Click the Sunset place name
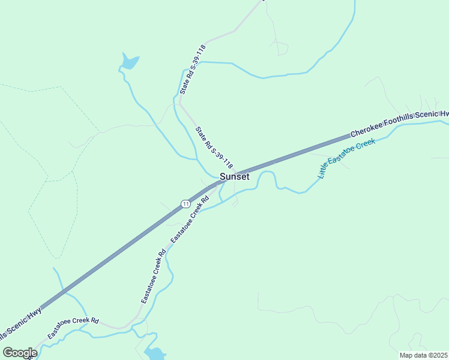pos(234,176)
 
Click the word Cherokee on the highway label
pos(367,127)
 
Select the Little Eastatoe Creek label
pos(346,158)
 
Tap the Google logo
pos(20,352)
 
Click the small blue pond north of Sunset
pos(130,62)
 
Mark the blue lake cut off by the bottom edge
pos(155,353)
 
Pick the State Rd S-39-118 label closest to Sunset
pos(214,147)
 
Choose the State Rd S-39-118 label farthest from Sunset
pos(193,69)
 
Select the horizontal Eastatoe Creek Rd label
pos(73,328)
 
